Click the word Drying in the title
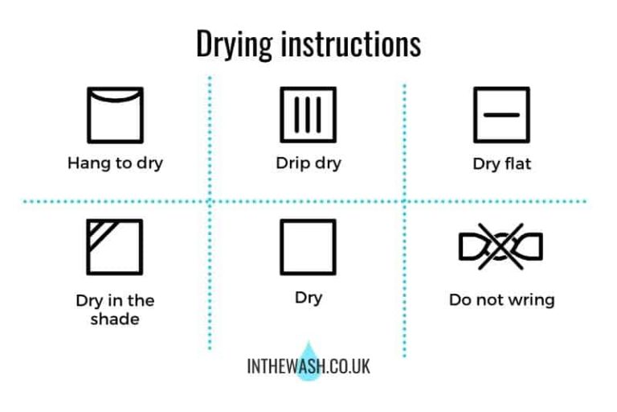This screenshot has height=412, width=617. [235, 44]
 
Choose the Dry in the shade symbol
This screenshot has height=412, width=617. [114, 247]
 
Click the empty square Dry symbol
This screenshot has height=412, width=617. [308, 247]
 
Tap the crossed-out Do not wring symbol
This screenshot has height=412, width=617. [501, 247]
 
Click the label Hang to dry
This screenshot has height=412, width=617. [115, 163]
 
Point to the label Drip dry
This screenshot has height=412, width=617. [308, 163]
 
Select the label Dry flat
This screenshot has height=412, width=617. [501, 165]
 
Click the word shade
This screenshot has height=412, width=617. [115, 319]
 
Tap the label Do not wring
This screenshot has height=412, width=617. [501, 300]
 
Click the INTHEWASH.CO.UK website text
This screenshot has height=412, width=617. [308, 366]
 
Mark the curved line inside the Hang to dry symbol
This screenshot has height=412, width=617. [114, 99]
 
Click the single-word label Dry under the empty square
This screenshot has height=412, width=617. [308, 298]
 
